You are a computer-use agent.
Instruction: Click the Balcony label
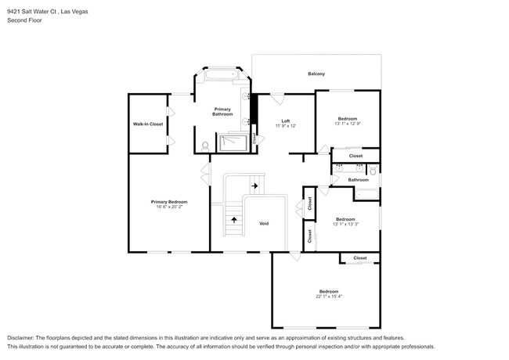point(316,74)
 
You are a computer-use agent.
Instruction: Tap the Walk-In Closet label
point(148,124)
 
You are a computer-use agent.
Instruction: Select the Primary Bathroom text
point(222,111)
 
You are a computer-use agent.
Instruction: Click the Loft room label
point(286,121)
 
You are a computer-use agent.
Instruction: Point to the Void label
point(264,224)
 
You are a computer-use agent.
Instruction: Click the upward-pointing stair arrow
point(233,220)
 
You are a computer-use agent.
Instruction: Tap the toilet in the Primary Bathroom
point(204,146)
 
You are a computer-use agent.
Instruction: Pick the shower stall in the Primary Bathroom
point(233,142)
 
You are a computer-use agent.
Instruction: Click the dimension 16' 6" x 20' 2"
point(169,207)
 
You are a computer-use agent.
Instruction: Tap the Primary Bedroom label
point(169,202)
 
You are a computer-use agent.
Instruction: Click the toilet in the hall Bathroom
point(374,170)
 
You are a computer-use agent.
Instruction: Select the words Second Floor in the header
point(25,20)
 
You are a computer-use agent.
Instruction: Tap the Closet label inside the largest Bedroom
point(359,258)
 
